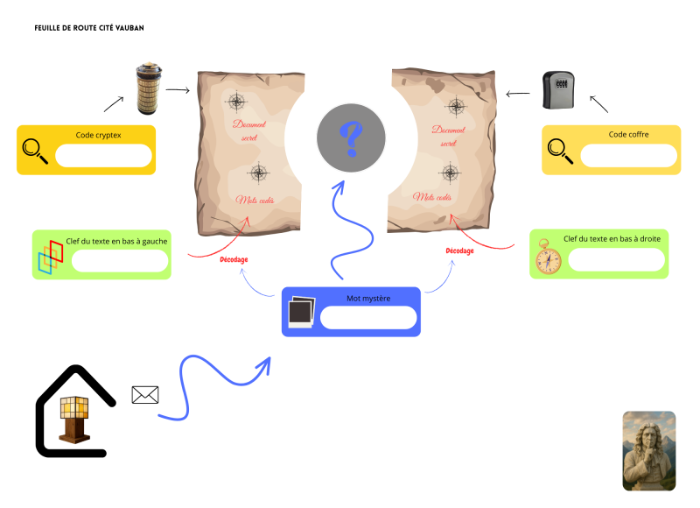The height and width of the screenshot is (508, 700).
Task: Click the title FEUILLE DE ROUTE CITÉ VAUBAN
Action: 89,28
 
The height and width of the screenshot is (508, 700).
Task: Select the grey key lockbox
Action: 559,91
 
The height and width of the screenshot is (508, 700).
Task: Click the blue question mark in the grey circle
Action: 351,137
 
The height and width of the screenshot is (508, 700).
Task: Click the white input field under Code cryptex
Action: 103,156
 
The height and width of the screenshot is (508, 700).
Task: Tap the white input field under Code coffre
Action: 628,156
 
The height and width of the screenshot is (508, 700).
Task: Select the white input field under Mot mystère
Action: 367,317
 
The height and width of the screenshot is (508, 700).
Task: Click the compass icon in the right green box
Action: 549,258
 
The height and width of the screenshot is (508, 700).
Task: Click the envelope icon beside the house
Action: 144,395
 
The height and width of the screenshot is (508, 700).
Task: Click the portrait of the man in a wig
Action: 648,451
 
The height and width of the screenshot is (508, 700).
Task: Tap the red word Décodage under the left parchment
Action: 234,259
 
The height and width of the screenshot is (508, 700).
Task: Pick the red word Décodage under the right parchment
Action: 459,250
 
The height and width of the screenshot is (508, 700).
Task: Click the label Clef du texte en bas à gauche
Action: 116,240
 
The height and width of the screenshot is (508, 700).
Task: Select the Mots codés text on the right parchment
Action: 435,197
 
